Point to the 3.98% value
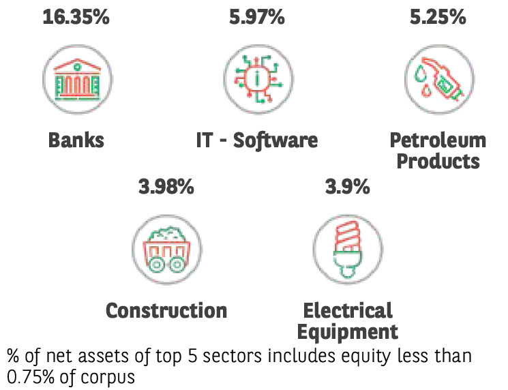tap(166, 186)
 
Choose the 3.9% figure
tap(347, 186)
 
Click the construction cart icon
tap(166, 248)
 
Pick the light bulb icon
tap(347, 248)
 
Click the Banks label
tap(76, 141)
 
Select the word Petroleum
tap(438, 141)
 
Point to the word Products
tap(438, 162)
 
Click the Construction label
tap(166, 311)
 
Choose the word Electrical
tap(348, 311)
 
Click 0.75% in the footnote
tap(28, 376)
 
